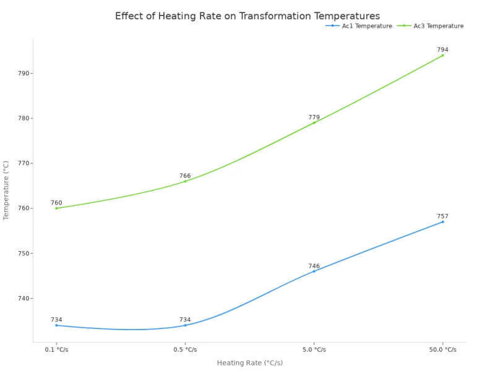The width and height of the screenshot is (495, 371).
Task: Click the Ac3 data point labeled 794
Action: click(x=442, y=55)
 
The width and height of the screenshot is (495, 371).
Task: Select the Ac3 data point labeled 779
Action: click(x=314, y=122)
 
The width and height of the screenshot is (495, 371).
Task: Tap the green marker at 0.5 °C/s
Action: click(x=185, y=181)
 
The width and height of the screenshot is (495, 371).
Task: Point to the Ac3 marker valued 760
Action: click(x=56, y=208)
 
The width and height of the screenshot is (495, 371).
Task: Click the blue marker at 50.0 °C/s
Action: click(x=442, y=222)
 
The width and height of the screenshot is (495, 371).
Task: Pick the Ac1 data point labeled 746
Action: click(x=314, y=271)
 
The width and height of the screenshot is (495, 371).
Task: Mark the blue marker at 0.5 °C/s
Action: click(x=185, y=325)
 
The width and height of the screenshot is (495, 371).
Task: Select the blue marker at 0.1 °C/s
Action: click(x=56, y=325)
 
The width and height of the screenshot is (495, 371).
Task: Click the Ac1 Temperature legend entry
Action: click(x=359, y=26)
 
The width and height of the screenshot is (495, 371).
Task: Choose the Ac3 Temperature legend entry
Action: click(x=431, y=26)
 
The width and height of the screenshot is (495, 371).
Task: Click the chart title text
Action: click(x=247, y=16)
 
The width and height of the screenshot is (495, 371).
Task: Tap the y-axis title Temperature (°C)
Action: click(x=6, y=190)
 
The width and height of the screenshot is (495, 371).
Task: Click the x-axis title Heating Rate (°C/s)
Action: click(x=250, y=363)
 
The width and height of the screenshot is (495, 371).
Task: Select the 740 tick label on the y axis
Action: click(x=24, y=299)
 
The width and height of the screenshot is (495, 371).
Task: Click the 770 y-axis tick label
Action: click(x=24, y=163)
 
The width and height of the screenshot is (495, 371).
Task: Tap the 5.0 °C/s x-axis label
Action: click(x=314, y=349)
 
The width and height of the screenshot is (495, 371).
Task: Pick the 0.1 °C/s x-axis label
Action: click(x=56, y=349)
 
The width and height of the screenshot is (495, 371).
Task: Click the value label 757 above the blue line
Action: click(x=442, y=216)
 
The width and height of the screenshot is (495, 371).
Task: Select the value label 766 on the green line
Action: click(x=185, y=176)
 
